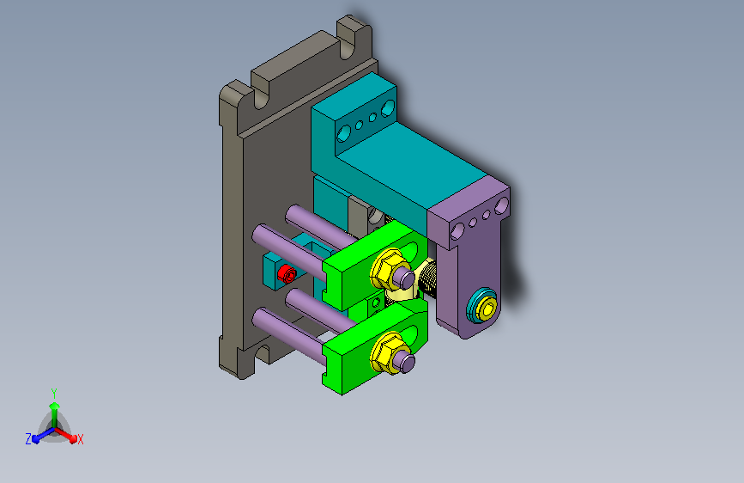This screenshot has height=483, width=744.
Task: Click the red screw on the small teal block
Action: [x=287, y=274]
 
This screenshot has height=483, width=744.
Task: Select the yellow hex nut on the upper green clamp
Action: [x=388, y=269]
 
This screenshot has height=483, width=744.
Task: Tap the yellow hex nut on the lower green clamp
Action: [x=388, y=352]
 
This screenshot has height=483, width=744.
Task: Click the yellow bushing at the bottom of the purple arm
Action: [x=487, y=309]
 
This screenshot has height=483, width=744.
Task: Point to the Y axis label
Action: [x=54, y=393]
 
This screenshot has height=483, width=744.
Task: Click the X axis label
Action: [x=80, y=440]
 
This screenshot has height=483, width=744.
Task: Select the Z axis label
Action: [x=28, y=439]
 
